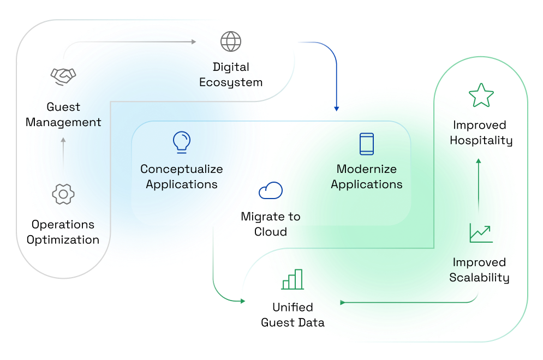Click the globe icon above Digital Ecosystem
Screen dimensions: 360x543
pyautogui.click(x=231, y=41)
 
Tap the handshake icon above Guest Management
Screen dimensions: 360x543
pyautogui.click(x=63, y=76)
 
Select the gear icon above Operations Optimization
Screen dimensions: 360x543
pyautogui.click(x=63, y=194)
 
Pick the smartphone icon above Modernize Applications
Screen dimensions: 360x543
pyautogui.click(x=367, y=144)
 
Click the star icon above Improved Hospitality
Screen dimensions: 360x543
pyautogui.click(x=481, y=95)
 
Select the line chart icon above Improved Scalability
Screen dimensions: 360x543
pyautogui.click(x=481, y=233)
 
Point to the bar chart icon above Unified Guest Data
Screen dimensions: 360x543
pyautogui.click(x=293, y=279)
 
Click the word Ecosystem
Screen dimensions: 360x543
pyautogui.click(x=231, y=83)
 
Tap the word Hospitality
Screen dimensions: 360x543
pyautogui.click(x=481, y=141)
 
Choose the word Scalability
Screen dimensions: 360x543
pyautogui.click(x=479, y=278)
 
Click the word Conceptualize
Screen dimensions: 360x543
pyautogui.click(x=181, y=169)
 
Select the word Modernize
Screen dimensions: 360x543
pyautogui.click(x=367, y=169)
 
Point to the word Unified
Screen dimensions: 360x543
pyautogui.click(x=293, y=307)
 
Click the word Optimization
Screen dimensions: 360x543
pyautogui.click(x=63, y=240)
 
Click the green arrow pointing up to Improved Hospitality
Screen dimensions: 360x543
pyautogui.click(x=479, y=161)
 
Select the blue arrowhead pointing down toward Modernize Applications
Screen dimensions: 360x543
pyautogui.click(x=337, y=108)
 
